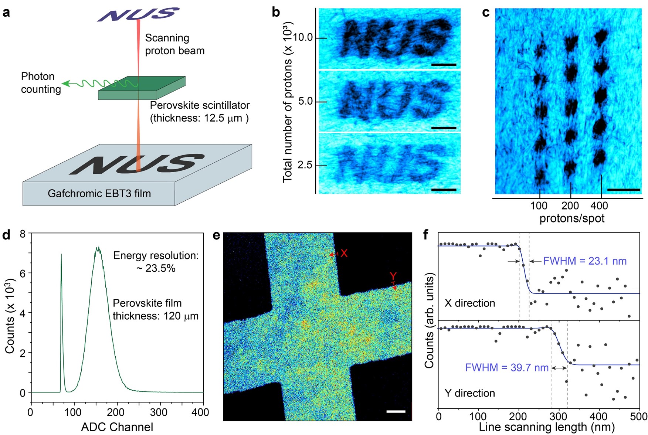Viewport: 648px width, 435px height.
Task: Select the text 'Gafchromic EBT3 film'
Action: [99, 193]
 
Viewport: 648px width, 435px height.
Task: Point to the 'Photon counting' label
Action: [41, 83]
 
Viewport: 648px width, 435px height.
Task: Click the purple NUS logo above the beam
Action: [139, 14]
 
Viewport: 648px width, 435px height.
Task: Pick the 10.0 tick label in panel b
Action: [303, 37]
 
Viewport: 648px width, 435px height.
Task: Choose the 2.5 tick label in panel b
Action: [305, 165]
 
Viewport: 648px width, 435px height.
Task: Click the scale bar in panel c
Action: [623, 190]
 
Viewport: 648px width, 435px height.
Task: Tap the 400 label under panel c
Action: [599, 205]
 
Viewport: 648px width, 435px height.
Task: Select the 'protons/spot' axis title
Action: [572, 218]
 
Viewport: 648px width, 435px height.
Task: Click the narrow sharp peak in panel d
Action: [61, 259]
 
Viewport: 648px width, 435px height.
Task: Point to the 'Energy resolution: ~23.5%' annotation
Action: [156, 262]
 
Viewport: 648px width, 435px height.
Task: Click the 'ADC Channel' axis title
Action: [117, 427]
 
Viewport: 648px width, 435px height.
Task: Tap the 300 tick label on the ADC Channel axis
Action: [159, 412]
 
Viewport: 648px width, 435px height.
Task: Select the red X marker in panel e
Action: [344, 253]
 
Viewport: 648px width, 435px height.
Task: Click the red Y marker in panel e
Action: [393, 276]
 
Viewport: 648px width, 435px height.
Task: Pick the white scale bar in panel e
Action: [396, 411]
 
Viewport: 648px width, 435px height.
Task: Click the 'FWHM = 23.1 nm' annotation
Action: [585, 261]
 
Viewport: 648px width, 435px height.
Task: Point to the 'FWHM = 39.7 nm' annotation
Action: [507, 368]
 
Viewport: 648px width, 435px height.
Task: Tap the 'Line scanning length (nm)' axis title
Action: [547, 427]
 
